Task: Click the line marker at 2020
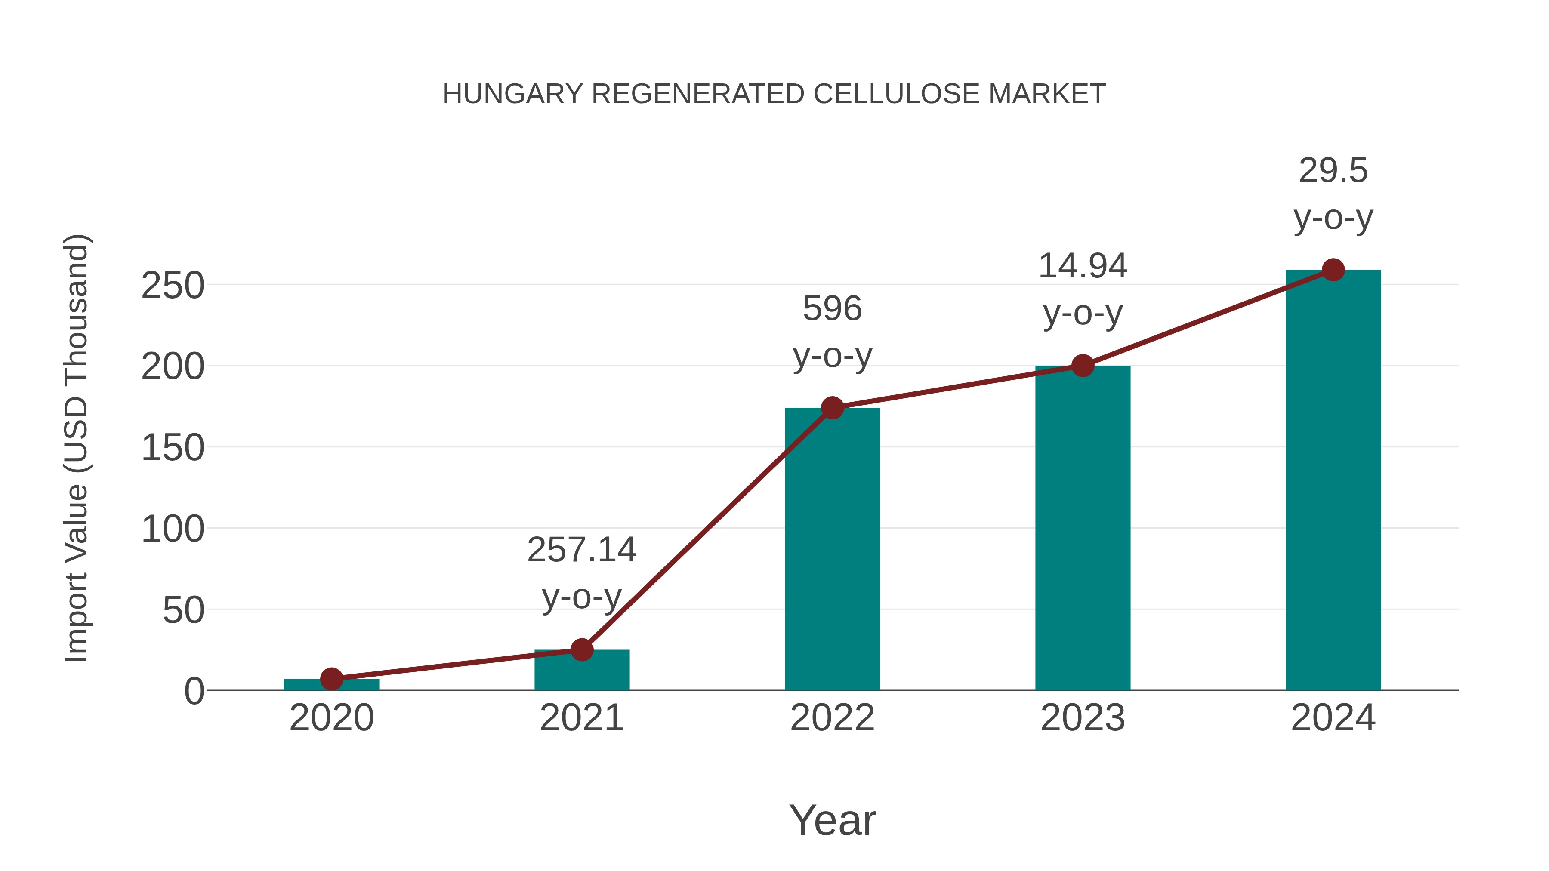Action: [331, 679]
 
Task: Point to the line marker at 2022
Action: [832, 408]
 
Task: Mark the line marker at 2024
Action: [1333, 270]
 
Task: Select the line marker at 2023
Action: [1083, 366]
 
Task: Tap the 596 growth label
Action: [832, 309]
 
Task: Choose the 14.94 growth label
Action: [1083, 266]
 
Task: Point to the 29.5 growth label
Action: [1333, 171]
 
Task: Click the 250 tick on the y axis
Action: [173, 286]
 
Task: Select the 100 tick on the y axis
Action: [173, 529]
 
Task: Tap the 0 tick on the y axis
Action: [194, 691]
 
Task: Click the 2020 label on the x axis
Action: [331, 718]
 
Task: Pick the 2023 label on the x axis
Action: [1083, 718]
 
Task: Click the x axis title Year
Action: [832, 820]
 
